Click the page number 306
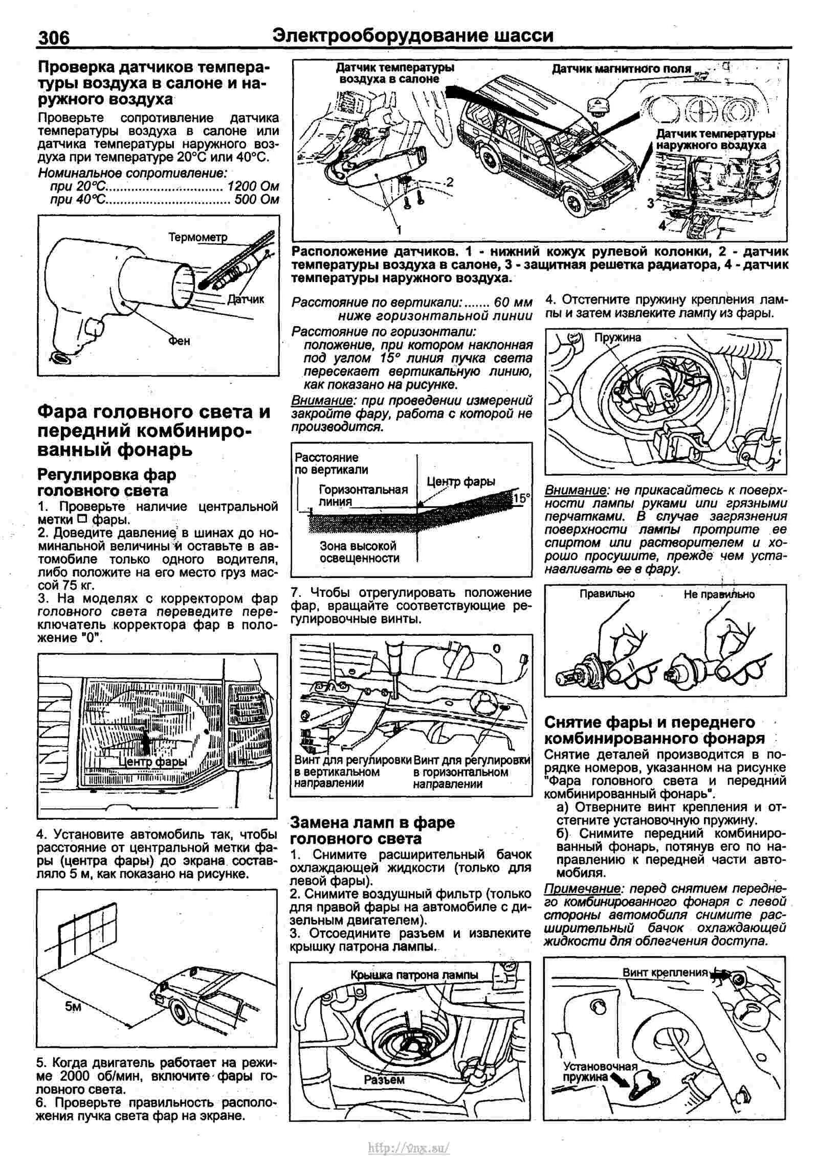(54, 37)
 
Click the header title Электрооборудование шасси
(413, 35)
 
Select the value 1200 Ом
(253, 186)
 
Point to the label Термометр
(197, 237)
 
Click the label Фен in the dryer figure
(179, 340)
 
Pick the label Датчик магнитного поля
(621, 68)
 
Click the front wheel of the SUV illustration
(577, 204)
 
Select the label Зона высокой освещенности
(359, 552)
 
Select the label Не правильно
(719, 594)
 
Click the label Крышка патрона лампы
(414, 975)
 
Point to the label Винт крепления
(665, 973)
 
